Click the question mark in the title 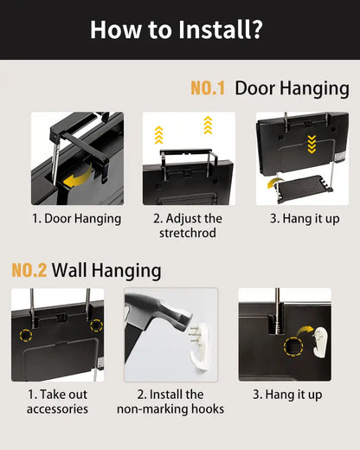(x=254, y=29)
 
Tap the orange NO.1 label (x=208, y=88)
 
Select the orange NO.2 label (x=29, y=270)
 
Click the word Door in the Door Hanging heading (x=254, y=88)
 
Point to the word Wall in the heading (x=69, y=270)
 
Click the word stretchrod (x=188, y=233)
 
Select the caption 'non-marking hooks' (x=170, y=409)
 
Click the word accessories (x=57, y=409)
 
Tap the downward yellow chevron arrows (x=312, y=144)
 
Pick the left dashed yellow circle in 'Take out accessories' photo (x=26, y=335)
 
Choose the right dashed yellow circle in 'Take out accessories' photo (x=96, y=325)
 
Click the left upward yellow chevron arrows (x=159, y=135)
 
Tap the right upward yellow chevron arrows (x=208, y=125)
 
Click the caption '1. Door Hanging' (x=76, y=219)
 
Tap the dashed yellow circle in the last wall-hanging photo (x=293, y=346)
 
